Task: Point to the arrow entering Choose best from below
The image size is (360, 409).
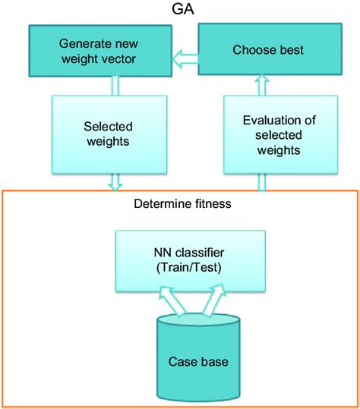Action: pos(262,82)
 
